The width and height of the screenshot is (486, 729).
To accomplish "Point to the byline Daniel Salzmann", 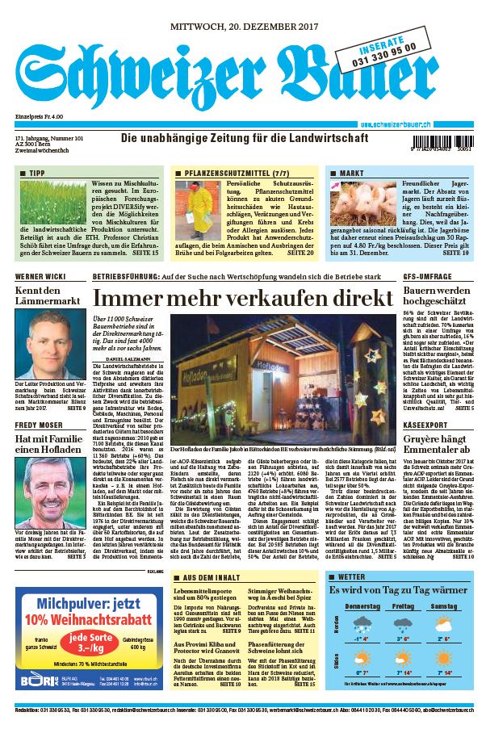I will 129,358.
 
